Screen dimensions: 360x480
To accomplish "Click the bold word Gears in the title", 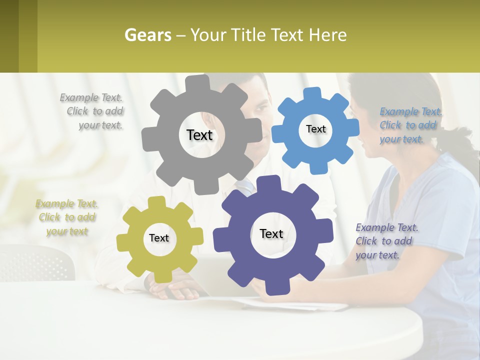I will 147,35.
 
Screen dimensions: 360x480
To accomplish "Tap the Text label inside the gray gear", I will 199,135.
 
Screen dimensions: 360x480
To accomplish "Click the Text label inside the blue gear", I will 315,129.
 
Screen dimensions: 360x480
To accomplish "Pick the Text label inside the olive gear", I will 159,238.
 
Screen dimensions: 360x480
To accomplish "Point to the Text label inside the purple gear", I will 271,233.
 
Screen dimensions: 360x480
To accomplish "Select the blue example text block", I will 410,125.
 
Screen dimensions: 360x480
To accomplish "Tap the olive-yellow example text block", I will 66,217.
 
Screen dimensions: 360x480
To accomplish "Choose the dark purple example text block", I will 386,241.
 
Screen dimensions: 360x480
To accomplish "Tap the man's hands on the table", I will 175,290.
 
